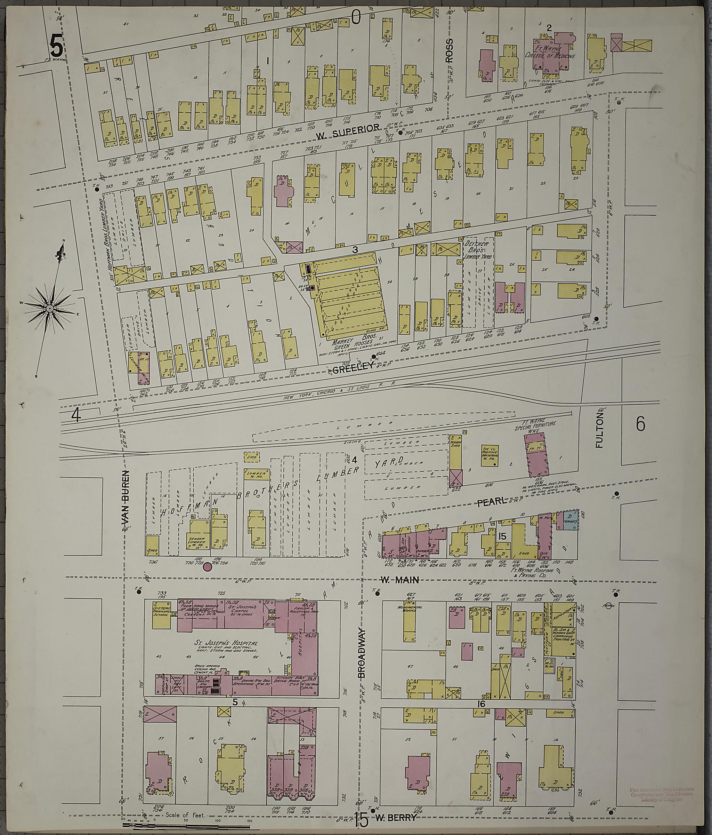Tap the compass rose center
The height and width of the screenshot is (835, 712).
49,308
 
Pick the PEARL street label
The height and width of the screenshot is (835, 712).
491,502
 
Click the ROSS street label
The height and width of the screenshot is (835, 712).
450,51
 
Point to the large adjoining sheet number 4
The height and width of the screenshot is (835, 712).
76,415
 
